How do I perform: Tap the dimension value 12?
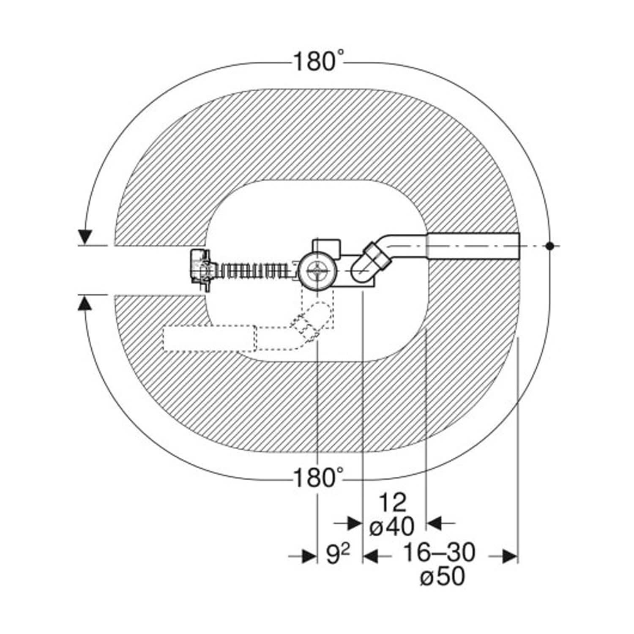pyautogui.click(x=392, y=503)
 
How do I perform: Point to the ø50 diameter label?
pyautogui.click(x=443, y=576)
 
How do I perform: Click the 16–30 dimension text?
pyautogui.click(x=439, y=552)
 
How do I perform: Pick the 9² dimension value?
pyautogui.click(x=338, y=554)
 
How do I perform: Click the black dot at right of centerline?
pyautogui.click(x=549, y=246)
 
